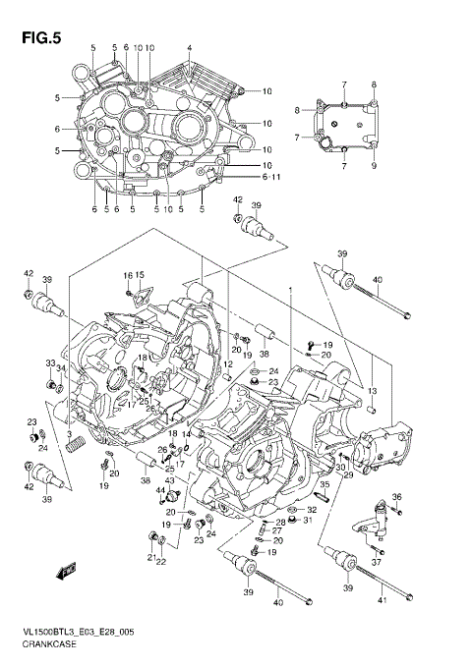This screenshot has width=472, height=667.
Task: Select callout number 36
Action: [397, 497]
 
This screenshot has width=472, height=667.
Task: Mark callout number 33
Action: [50, 363]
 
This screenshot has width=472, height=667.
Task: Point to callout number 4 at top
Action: [189, 48]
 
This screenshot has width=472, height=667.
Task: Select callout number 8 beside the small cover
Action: [297, 111]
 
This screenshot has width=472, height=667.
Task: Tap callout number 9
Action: [374, 166]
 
